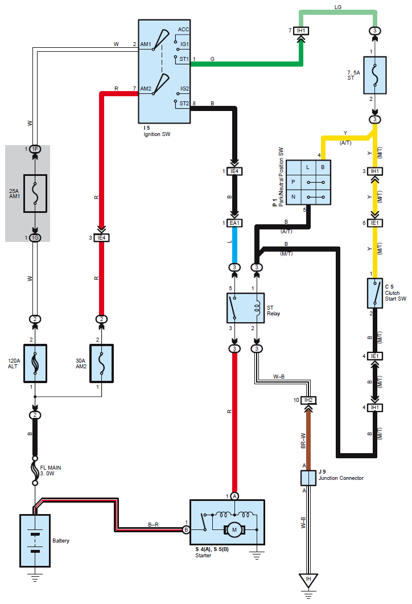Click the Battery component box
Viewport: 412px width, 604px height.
[35, 540]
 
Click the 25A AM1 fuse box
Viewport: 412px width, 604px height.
[35, 194]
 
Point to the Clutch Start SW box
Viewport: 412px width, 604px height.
[375, 294]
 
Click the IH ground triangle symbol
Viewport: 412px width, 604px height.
[308, 581]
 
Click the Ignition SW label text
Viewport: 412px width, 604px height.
[157, 134]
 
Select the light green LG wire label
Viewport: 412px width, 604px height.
[338, 6]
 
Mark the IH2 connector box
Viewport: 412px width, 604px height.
[308, 400]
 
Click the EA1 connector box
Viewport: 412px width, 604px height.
[234, 224]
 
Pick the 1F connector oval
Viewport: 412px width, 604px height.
[35, 149]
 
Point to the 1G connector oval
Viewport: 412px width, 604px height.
[35, 237]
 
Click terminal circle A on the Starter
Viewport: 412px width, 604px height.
[234, 496]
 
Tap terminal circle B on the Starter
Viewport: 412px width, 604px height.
[186, 529]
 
